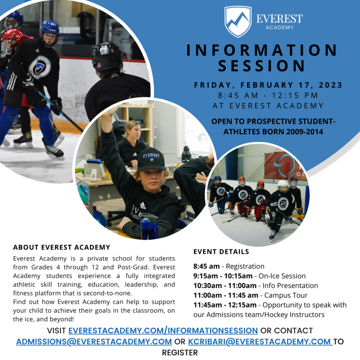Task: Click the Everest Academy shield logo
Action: (x=238, y=21)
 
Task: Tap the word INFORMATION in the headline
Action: (x=262, y=50)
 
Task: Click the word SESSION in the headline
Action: (x=262, y=66)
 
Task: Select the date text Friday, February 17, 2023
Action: (x=268, y=85)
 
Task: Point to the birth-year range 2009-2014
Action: (x=305, y=132)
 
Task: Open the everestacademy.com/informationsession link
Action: (x=163, y=330)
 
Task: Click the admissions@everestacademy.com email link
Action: (x=94, y=342)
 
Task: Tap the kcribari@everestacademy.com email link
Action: (x=260, y=342)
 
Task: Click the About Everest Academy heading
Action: (x=62, y=247)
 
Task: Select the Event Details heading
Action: (x=221, y=252)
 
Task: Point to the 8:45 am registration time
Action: (x=206, y=266)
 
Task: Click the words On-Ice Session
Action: (x=282, y=276)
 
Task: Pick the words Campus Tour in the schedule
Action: (x=286, y=295)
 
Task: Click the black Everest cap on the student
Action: (x=152, y=160)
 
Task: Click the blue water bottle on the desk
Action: (x=149, y=226)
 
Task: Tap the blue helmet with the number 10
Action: (x=50, y=28)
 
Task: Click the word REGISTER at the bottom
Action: (x=180, y=353)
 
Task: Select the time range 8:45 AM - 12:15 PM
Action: (x=268, y=95)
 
